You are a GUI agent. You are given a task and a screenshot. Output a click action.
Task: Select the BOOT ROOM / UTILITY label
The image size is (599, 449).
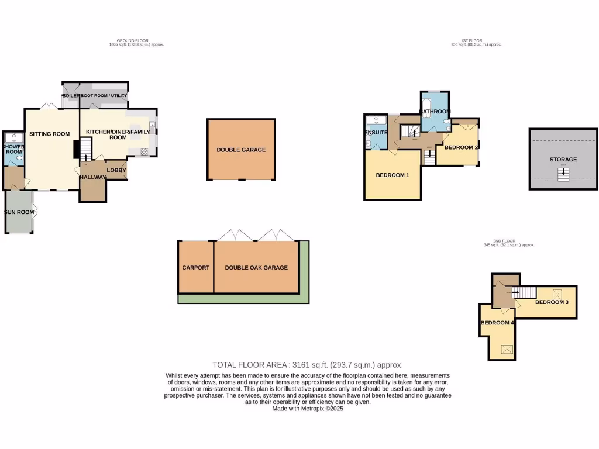pyautogui.click(x=104, y=95)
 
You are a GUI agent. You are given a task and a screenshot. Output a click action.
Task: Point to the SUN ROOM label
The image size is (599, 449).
pyautogui.click(x=19, y=212)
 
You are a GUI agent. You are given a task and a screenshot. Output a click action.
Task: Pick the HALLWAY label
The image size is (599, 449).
pyautogui.click(x=93, y=177)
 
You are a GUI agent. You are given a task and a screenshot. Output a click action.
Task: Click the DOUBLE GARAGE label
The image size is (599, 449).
pyautogui.click(x=241, y=150)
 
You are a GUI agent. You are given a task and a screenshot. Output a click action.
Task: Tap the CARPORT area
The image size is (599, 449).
pyautogui.click(x=196, y=268)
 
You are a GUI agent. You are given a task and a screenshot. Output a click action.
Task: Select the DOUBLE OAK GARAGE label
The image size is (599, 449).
pyautogui.click(x=256, y=268)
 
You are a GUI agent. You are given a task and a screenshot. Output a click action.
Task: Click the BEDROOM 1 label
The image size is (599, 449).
pyautogui.click(x=392, y=175)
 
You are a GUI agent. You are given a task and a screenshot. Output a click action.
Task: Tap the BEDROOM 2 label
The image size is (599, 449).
pyautogui.click(x=462, y=147)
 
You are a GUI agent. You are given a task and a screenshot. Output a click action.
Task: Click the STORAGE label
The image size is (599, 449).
pyautogui.click(x=563, y=159)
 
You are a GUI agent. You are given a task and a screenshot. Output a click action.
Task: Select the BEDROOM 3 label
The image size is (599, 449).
pyautogui.click(x=552, y=302)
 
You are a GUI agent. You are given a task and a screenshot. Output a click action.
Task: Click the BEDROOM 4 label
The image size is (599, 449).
pyautogui.click(x=497, y=323)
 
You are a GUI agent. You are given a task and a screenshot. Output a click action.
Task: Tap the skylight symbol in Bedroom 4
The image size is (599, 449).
pyautogui.click(x=507, y=350)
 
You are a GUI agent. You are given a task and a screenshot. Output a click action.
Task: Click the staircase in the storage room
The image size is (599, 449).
pyautogui.click(x=563, y=174)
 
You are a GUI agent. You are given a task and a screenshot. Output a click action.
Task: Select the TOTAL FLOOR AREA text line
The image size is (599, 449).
pyautogui.click(x=308, y=364)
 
